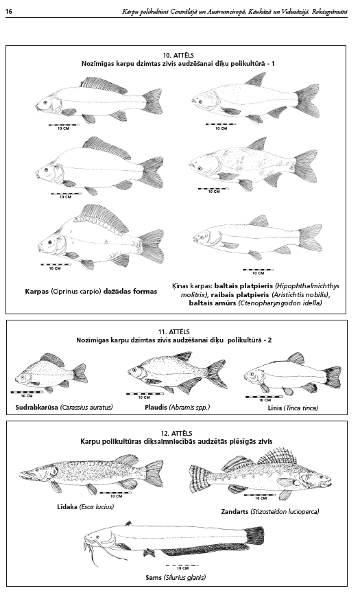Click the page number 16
point(9,12)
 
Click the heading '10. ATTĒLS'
point(176,56)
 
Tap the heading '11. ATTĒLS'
point(174,332)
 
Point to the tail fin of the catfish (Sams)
point(254,537)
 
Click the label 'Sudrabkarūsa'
point(37,407)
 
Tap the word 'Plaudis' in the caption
point(156,407)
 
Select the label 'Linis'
point(275,408)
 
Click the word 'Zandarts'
point(235,511)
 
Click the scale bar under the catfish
point(182,565)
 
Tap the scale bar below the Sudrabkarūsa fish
point(27,392)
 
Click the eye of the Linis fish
point(252,375)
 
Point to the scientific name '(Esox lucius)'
point(97,507)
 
